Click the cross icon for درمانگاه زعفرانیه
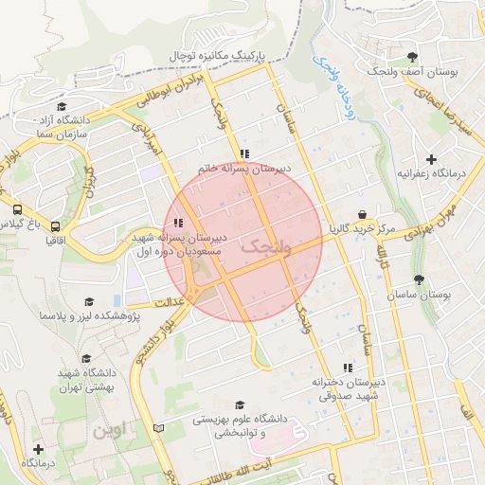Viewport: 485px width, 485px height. click(x=433, y=158)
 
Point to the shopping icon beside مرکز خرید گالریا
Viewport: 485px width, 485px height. click(x=363, y=214)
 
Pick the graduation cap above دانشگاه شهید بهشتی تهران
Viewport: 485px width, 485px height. click(x=87, y=359)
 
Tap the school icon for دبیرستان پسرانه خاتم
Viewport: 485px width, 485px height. click(x=244, y=153)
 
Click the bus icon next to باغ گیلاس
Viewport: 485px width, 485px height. click(x=18, y=209)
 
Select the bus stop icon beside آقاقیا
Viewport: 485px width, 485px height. click(x=56, y=227)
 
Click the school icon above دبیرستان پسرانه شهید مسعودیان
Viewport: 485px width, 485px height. click(x=179, y=224)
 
